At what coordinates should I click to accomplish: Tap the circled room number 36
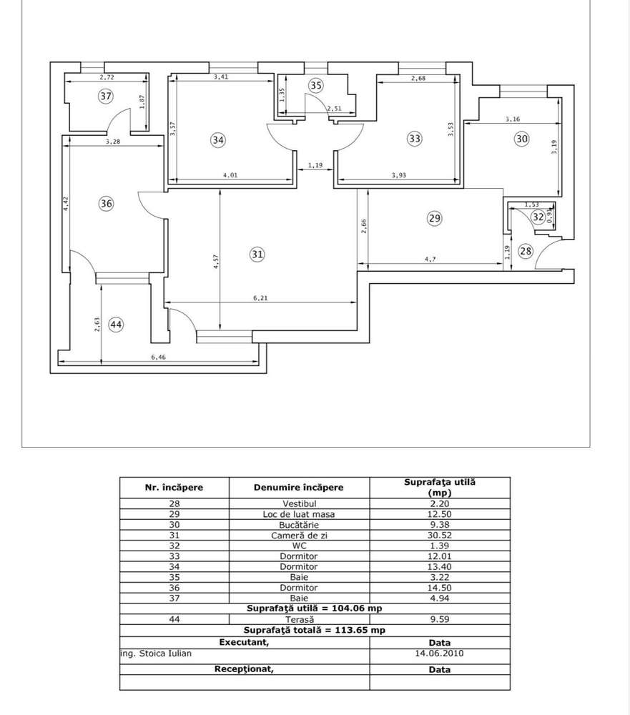(107, 204)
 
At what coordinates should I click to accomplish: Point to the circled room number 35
(316, 86)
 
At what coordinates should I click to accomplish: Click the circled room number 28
(526, 251)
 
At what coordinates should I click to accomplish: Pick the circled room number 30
(522, 139)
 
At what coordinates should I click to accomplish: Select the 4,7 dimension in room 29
(430, 260)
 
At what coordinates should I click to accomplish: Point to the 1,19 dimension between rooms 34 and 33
(315, 166)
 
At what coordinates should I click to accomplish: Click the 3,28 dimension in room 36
(112, 142)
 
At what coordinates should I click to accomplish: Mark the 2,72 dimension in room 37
(107, 77)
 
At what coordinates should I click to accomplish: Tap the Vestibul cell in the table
(299, 503)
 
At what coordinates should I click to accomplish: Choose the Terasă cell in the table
(299, 619)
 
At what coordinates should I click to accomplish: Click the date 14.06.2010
(439, 653)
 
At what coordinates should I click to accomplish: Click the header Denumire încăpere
(298, 488)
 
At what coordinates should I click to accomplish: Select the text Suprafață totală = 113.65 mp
(315, 631)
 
